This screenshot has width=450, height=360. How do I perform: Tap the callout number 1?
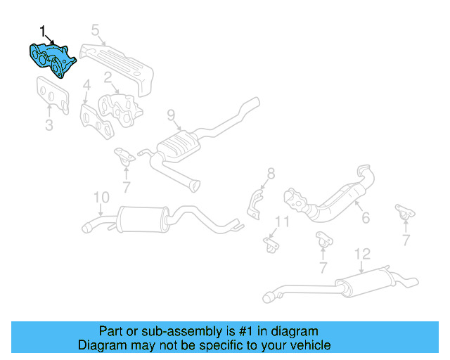(x=42, y=31)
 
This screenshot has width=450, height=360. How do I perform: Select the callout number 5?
(x=96, y=30)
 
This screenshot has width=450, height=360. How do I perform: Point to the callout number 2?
(x=108, y=77)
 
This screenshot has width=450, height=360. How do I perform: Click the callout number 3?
(x=49, y=127)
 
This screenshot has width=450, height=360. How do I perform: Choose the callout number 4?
(x=86, y=87)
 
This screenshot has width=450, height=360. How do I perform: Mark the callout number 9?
(x=170, y=115)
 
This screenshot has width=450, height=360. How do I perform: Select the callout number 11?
(x=281, y=222)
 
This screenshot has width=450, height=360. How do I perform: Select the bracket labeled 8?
(x=255, y=202)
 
